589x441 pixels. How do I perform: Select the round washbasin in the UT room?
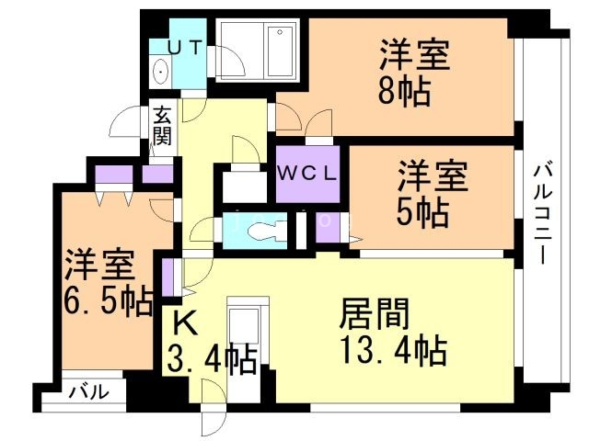point(162,72)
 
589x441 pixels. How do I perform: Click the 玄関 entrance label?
point(163,126)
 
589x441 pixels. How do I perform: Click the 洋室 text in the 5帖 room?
point(433,175)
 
